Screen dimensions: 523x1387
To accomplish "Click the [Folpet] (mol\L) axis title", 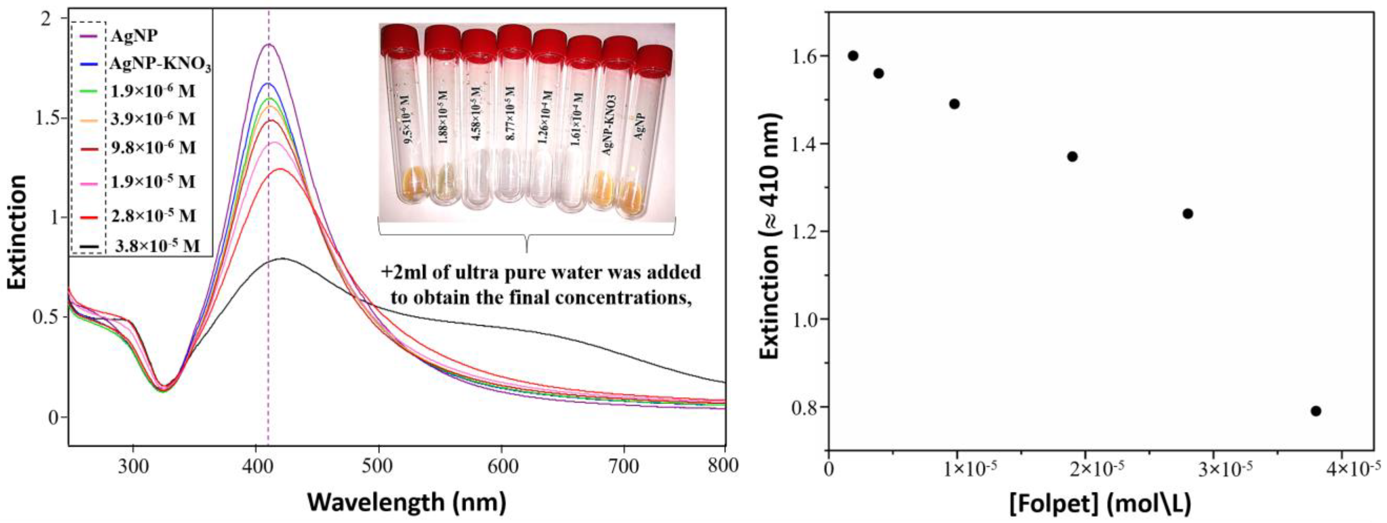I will (x=1100, y=504).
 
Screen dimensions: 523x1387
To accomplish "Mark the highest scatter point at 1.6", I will (x=853, y=55).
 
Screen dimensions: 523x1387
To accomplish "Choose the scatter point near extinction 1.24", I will (x=1188, y=214).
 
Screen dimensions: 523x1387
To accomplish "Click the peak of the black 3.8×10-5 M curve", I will (x=281, y=259).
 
